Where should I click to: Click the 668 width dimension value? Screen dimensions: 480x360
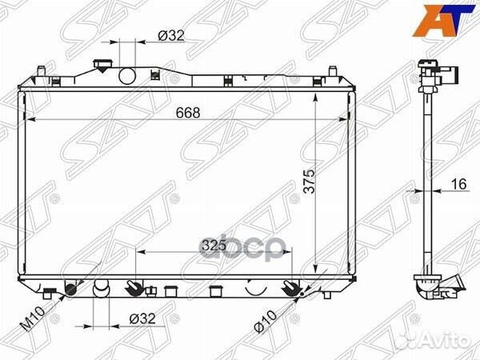(x=188, y=113)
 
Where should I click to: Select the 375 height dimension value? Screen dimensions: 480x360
(x=309, y=181)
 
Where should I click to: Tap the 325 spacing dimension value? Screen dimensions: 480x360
(x=214, y=246)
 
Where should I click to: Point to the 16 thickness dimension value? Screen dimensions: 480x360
(x=459, y=184)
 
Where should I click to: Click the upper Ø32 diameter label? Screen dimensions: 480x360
(x=171, y=36)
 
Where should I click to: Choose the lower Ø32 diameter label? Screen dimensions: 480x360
(x=142, y=318)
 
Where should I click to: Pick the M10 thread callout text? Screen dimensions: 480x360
(x=33, y=318)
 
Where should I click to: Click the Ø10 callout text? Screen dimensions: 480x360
(x=265, y=321)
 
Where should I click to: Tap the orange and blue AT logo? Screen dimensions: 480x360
(x=443, y=20)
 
